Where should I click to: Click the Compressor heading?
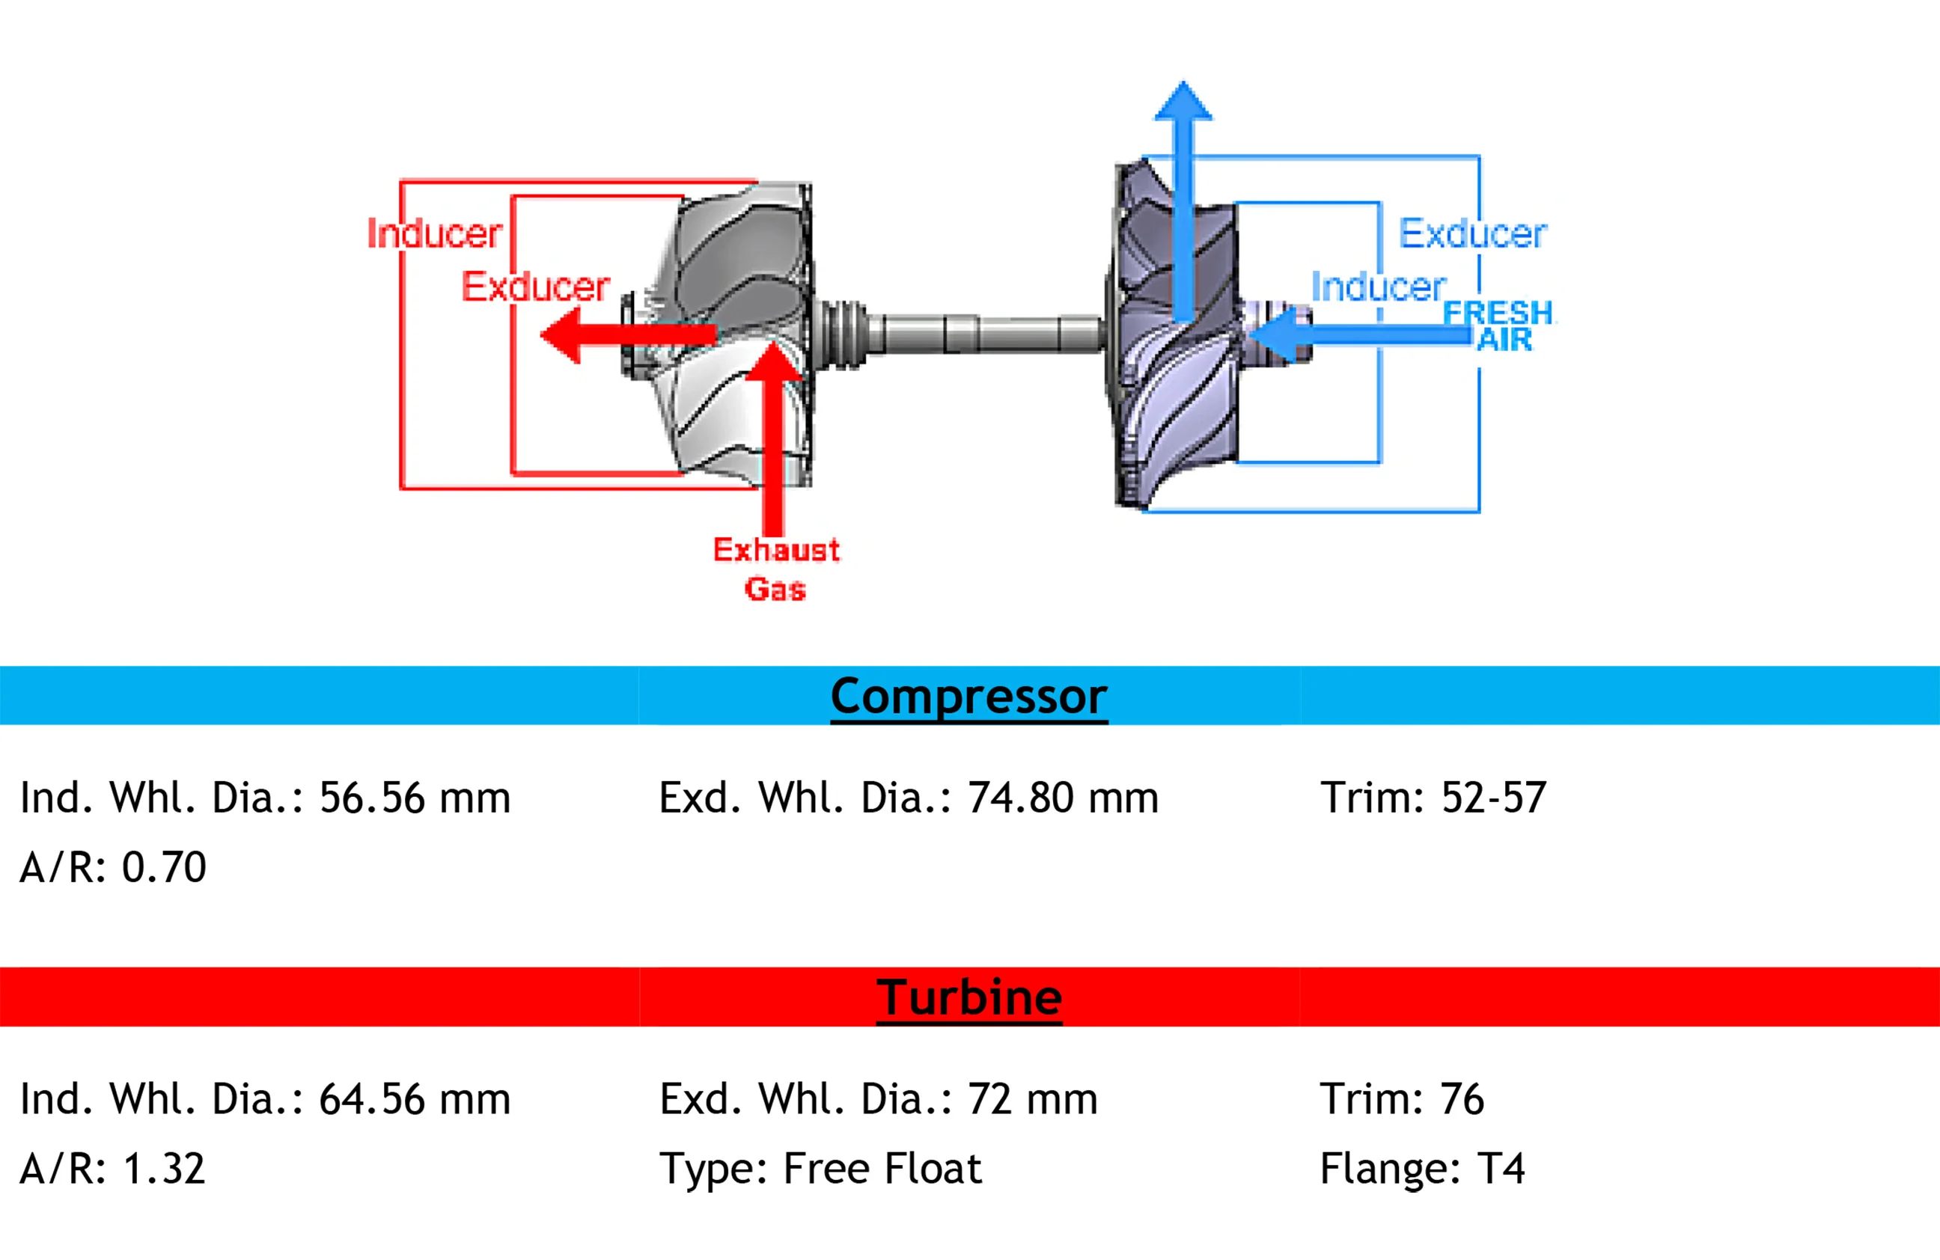(969, 697)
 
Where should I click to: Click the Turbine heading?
(969, 997)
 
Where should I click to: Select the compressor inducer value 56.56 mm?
(415, 798)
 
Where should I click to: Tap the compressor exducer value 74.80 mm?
(1063, 798)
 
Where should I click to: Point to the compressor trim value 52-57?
(1493, 798)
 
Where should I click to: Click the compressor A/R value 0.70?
(164, 867)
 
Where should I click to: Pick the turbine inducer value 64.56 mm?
(415, 1098)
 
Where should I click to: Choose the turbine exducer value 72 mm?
(1033, 1098)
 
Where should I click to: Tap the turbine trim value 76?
(1462, 1098)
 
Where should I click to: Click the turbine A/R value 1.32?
(164, 1169)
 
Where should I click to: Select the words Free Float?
(882, 1169)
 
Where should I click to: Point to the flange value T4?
(1501, 1169)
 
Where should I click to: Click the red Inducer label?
(434, 234)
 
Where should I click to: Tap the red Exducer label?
(536, 287)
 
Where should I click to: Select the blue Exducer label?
(1473, 234)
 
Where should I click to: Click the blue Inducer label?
(1379, 287)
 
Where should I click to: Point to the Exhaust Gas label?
(776, 569)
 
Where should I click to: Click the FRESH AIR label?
(1498, 326)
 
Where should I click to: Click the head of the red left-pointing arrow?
(560, 334)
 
